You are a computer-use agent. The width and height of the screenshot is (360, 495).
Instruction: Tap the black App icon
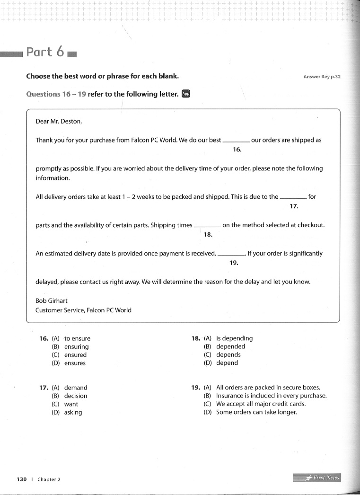[186, 94]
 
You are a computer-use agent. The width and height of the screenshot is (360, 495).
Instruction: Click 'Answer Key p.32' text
[322, 77]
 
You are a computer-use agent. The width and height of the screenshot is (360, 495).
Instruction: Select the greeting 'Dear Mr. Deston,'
[59, 121]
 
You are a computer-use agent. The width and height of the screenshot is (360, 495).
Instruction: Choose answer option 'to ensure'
[77, 338]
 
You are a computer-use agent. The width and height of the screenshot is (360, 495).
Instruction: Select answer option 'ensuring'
[76, 346]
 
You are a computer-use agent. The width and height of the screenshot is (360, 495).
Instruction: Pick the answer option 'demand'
[76, 388]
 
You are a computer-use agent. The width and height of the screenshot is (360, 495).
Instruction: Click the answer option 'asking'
[73, 412]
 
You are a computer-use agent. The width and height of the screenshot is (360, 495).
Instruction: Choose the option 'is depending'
[234, 338]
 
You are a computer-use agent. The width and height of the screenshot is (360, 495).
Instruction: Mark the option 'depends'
[228, 354]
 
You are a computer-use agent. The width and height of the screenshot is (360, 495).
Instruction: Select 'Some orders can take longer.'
[256, 412]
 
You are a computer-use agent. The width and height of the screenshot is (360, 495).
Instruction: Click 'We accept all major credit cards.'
[261, 404]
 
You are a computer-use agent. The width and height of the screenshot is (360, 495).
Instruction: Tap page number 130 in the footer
[22, 479]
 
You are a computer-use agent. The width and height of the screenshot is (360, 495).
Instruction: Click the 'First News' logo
[317, 477]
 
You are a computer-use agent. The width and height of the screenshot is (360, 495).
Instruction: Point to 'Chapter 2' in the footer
[49, 479]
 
